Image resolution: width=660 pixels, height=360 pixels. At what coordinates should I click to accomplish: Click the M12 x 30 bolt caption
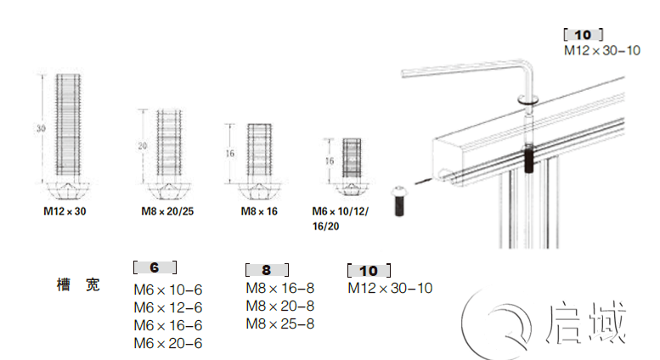pyautogui.click(x=65, y=211)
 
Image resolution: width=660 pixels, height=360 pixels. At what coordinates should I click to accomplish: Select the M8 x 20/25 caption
pyautogui.click(x=167, y=211)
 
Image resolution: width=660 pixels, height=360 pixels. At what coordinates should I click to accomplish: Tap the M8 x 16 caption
pyautogui.click(x=259, y=211)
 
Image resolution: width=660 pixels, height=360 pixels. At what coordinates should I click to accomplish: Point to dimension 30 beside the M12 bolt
pyautogui.click(x=41, y=128)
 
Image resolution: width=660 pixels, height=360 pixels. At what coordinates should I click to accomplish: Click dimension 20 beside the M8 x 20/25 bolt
pyautogui.click(x=143, y=146)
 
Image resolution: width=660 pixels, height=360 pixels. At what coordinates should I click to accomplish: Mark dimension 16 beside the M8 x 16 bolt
pyautogui.click(x=230, y=154)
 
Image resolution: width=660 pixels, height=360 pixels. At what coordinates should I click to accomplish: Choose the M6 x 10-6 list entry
pyautogui.click(x=168, y=290)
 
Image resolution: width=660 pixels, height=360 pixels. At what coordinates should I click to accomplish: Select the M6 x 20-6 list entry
pyautogui.click(x=168, y=343)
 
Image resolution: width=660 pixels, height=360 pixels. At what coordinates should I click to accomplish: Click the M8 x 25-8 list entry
pyautogui.click(x=280, y=323)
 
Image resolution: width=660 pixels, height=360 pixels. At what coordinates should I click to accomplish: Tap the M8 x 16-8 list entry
pyautogui.click(x=280, y=288)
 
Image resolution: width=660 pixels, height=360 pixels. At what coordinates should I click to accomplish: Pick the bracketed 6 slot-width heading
pyautogui.click(x=155, y=267)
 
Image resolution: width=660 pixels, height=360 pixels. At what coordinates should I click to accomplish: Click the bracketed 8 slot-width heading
pyautogui.click(x=267, y=270)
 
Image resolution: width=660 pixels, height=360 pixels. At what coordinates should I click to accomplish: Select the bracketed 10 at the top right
pyautogui.click(x=584, y=35)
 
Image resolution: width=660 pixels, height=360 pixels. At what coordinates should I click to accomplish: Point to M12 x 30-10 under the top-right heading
pyautogui.click(x=602, y=50)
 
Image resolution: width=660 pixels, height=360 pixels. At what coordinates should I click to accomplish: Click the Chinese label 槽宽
pyautogui.click(x=78, y=284)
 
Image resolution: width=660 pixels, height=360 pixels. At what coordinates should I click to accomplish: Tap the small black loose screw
pyautogui.click(x=398, y=201)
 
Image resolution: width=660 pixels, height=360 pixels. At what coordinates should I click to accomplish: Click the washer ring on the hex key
pyautogui.click(x=527, y=99)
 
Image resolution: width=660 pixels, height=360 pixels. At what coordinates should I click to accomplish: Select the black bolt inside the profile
pyautogui.click(x=528, y=159)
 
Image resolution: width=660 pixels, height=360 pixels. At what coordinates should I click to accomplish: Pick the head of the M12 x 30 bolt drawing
pyautogui.click(x=67, y=190)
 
